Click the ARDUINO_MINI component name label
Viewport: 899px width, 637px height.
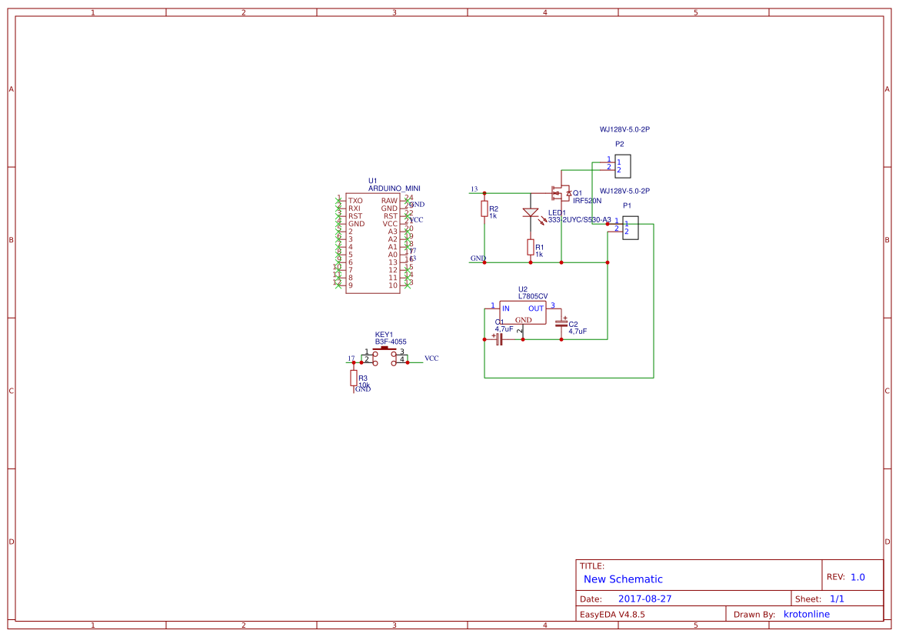[x=394, y=188]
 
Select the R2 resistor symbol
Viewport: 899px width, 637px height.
[x=484, y=208]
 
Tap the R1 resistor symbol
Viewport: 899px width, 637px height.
[x=531, y=247]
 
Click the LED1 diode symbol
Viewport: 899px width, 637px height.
[x=531, y=212]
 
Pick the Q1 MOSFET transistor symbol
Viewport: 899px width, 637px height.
[x=561, y=192]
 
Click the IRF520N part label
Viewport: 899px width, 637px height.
[x=587, y=201]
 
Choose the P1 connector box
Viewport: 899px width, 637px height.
[x=631, y=228]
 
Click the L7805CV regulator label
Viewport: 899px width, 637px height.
[x=533, y=296]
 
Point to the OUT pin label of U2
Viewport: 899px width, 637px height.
[x=535, y=308]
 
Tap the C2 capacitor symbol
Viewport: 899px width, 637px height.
[x=561, y=324]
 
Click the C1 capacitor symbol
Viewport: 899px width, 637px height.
[x=498, y=339]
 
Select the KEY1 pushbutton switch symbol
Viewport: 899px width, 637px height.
[x=384, y=353]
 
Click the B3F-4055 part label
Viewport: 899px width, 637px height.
[x=391, y=342]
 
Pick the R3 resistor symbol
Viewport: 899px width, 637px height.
[x=354, y=378]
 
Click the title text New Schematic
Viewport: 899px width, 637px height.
[x=623, y=579]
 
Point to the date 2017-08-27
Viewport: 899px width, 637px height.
[x=644, y=599]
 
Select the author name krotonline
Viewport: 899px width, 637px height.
[x=806, y=614]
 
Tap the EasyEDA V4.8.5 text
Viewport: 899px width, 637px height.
[x=612, y=615]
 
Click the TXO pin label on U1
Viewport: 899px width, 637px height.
[x=355, y=201]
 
